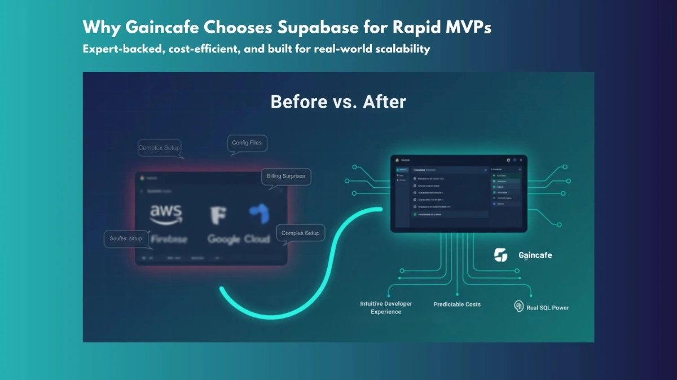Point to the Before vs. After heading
click(338, 102)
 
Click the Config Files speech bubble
click(247, 143)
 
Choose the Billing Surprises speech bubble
click(285, 176)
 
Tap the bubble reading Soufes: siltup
click(126, 238)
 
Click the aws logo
click(166, 215)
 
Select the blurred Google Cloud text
click(238, 239)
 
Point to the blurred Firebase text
click(169, 239)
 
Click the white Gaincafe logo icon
click(500, 255)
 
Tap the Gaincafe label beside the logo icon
click(535, 255)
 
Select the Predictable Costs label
click(457, 304)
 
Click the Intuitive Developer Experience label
click(386, 308)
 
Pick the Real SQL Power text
click(547, 308)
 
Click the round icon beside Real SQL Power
click(518, 306)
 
